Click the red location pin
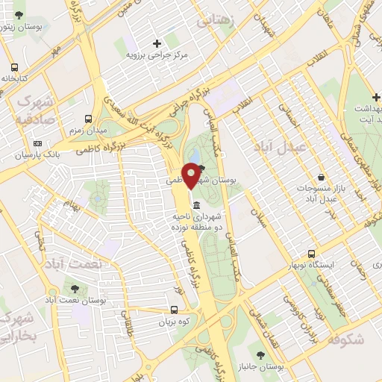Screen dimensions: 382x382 pyautogui.click(x=192, y=175)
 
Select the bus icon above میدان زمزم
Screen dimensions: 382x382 pyautogui.click(x=89, y=119)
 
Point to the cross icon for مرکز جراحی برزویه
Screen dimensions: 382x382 pyautogui.click(x=157, y=43)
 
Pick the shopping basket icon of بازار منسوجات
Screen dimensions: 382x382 pyautogui.click(x=321, y=178)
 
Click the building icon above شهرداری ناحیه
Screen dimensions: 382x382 pyautogui.click(x=195, y=205)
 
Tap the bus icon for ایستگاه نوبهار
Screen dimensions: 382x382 pyautogui.click(x=312, y=254)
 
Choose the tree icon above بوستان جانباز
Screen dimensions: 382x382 pyautogui.click(x=260, y=355)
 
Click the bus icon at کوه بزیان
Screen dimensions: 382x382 pyautogui.click(x=174, y=310)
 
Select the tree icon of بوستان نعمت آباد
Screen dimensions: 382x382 pyautogui.click(x=73, y=287)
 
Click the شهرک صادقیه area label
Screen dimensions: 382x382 pyautogui.click(x=34, y=108)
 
